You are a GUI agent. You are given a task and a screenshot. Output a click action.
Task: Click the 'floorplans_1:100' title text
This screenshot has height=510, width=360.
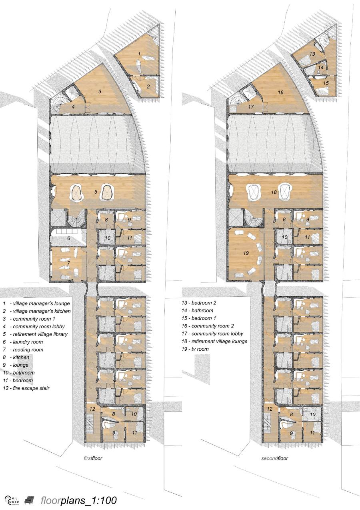pos(78,498)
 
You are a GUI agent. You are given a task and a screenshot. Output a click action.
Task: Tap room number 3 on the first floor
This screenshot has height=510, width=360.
pos(100,92)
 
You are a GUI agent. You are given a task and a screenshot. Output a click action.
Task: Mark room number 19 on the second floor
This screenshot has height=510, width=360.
pos(246,253)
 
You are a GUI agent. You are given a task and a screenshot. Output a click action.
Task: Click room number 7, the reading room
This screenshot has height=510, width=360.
pos(68,263)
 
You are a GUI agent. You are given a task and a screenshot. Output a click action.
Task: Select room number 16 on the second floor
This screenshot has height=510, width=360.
pos(280,92)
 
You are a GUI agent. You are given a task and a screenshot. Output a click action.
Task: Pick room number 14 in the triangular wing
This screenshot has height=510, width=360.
pos(321,68)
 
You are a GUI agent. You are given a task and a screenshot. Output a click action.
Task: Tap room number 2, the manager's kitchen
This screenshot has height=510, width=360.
pos(148,86)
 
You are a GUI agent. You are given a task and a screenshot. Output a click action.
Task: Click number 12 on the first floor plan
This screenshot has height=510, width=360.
pos(92,409)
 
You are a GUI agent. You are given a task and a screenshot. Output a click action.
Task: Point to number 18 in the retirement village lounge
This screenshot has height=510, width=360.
pos(274,192)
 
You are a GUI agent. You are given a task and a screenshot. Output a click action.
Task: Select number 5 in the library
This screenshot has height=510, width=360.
pos(96,192)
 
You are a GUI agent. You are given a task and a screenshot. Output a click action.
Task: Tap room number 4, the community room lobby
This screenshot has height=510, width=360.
pos(73,106)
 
